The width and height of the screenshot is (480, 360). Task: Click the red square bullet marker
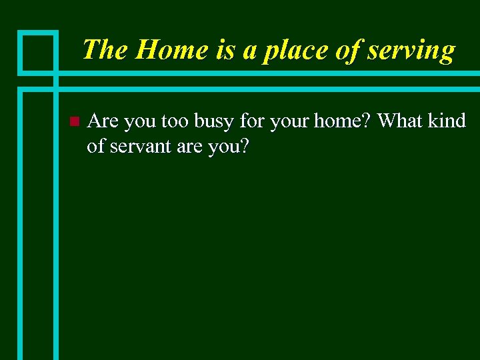(73, 121)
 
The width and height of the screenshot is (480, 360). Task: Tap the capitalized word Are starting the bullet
(103, 121)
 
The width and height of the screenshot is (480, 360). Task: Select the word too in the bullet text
(175, 121)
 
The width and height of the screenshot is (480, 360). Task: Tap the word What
(401, 121)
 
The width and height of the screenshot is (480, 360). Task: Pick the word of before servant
(96, 146)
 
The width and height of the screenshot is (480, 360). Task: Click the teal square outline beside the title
(38, 51)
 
